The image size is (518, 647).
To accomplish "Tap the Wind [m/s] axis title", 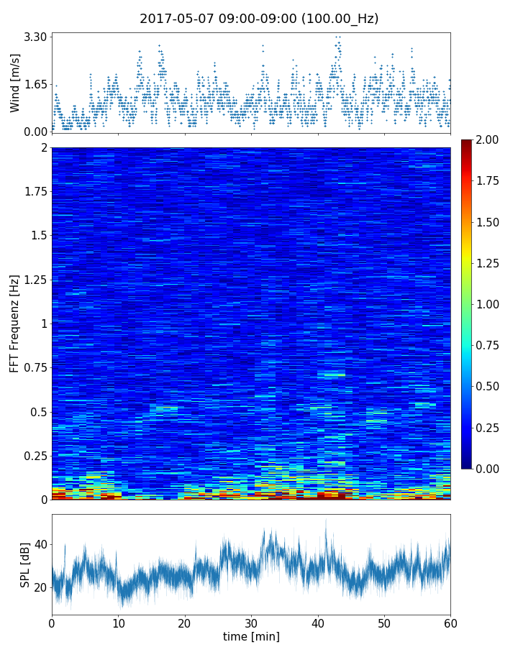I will [x=15, y=85].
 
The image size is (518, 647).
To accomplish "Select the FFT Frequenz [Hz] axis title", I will [x=15, y=323].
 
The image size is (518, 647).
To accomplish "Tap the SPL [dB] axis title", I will [x=25, y=565].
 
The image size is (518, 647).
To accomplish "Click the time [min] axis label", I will [x=251, y=636].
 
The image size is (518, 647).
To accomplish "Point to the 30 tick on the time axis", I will [x=251, y=622].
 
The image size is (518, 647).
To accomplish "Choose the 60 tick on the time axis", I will [x=450, y=622].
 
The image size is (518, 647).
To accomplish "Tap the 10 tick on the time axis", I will [x=118, y=622].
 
